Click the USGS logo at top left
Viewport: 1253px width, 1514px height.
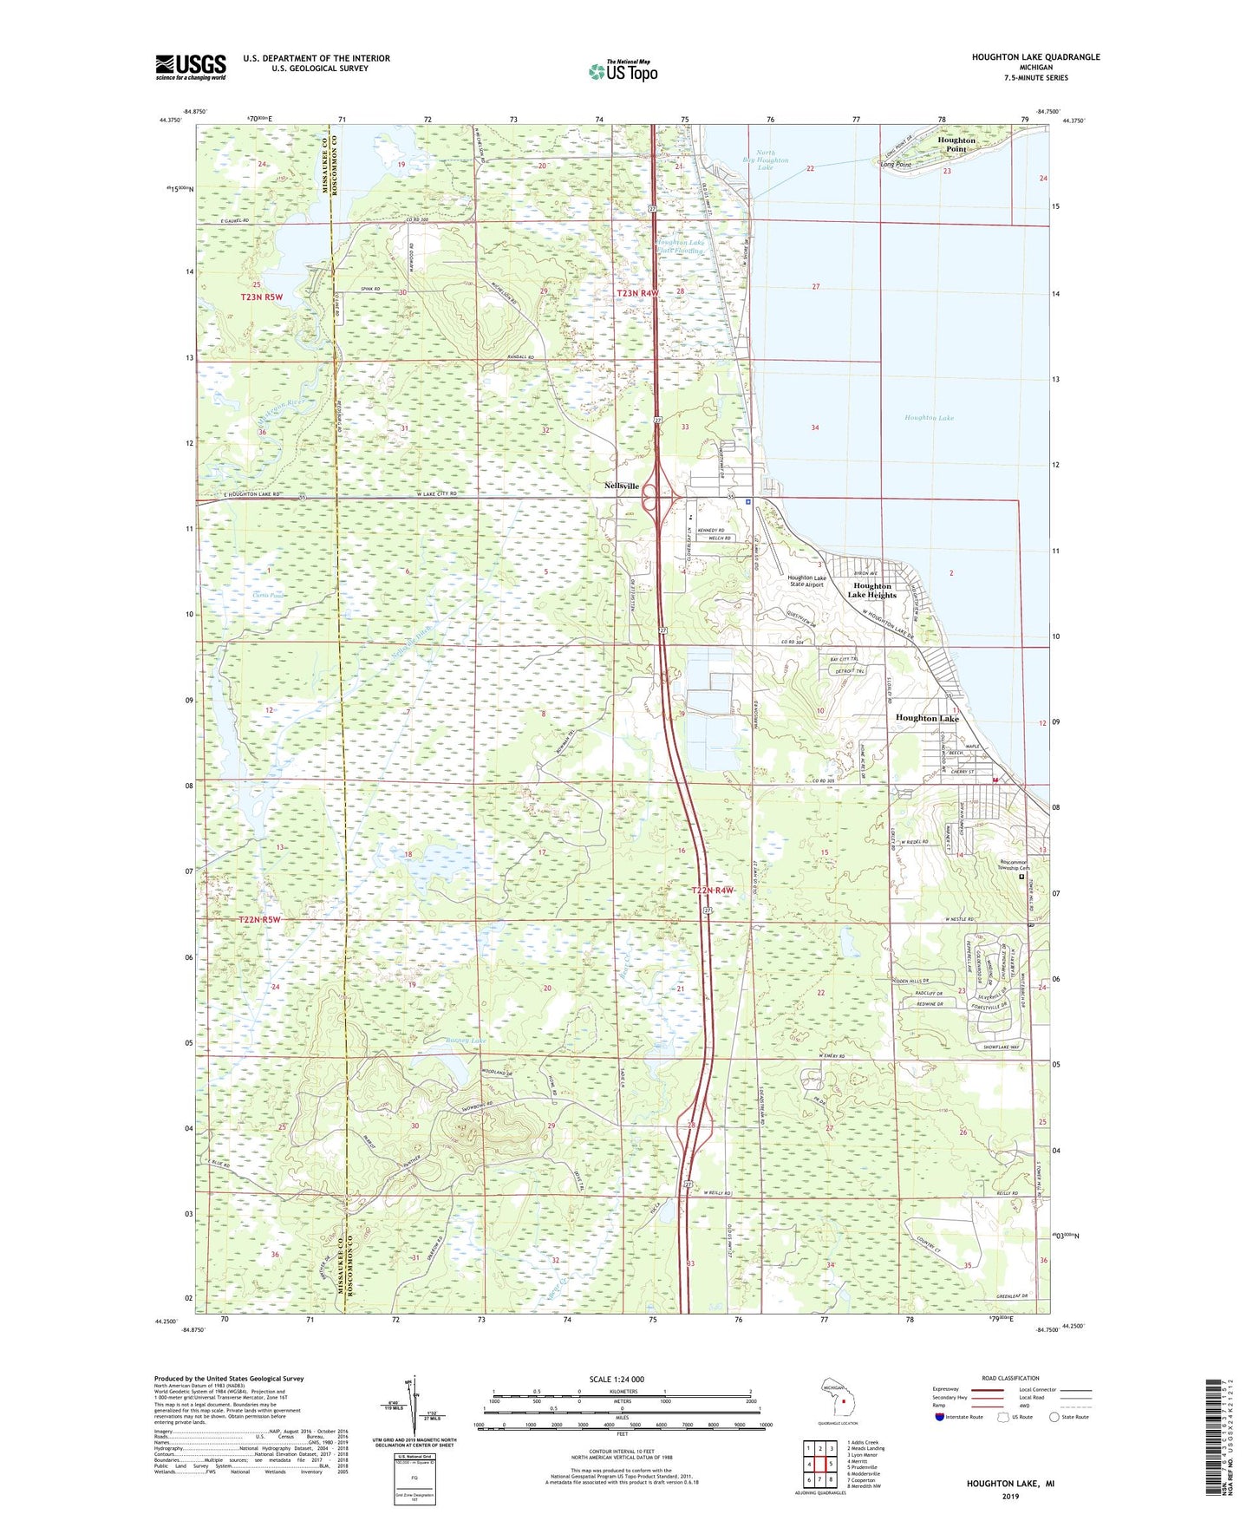[x=191, y=67]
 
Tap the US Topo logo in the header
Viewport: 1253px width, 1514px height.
[x=623, y=71]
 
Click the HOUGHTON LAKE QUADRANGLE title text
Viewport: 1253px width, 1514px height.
[x=1035, y=57]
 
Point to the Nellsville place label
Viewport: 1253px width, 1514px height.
[x=622, y=486]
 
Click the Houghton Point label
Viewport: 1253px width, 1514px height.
[x=956, y=144]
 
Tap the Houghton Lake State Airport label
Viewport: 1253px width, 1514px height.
[x=806, y=581]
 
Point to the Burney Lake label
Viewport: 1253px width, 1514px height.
[x=466, y=1041]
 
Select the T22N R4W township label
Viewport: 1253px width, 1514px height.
[x=713, y=891]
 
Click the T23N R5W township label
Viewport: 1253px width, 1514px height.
[x=261, y=297]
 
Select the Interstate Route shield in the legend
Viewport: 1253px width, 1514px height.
[x=941, y=1417]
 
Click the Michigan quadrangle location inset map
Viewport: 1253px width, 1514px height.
[x=836, y=1400]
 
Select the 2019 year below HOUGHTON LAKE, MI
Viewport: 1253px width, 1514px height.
[x=1010, y=1496]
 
